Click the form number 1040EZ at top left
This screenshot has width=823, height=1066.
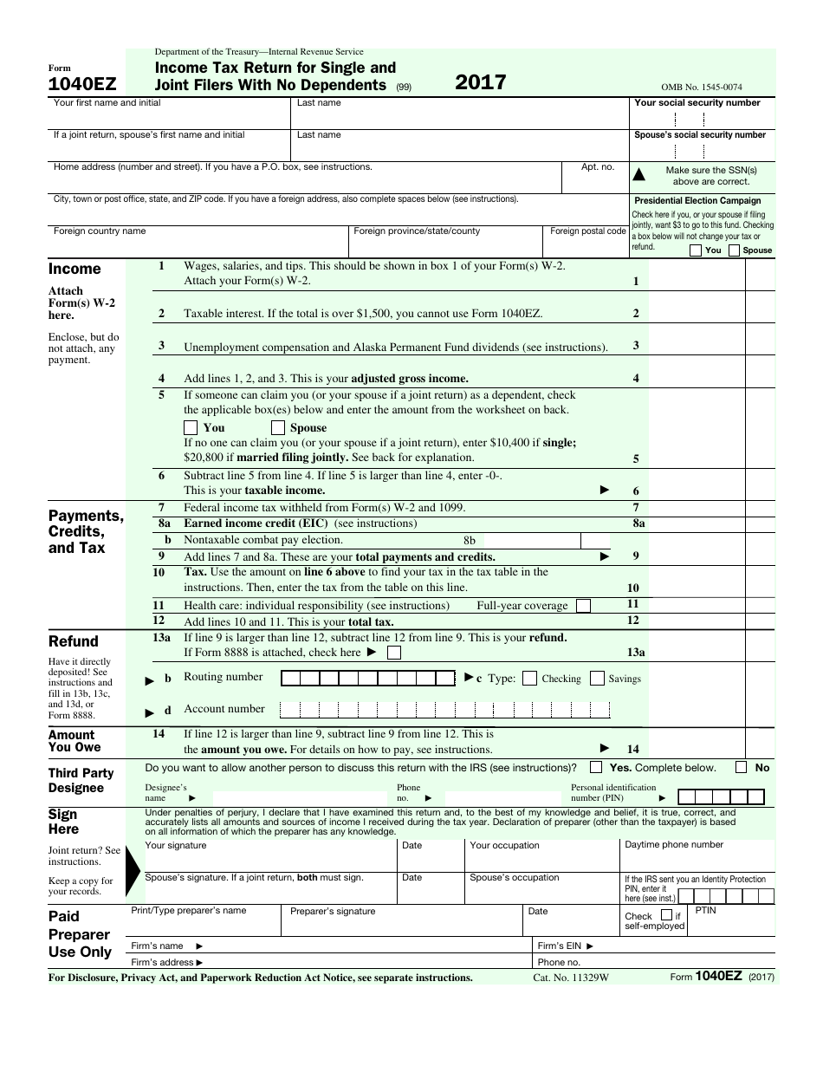(82, 85)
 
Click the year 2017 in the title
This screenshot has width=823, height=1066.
(481, 83)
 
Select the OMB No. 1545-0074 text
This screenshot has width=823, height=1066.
(701, 87)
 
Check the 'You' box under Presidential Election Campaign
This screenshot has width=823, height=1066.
(696, 250)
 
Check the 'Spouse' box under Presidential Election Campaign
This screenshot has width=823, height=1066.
(735, 250)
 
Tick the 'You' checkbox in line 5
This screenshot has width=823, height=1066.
(191, 427)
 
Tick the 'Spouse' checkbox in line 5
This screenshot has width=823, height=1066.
(278, 427)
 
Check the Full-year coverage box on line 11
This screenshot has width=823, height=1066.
(584, 605)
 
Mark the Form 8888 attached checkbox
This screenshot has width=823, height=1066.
(394, 653)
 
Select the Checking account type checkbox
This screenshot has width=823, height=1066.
(530, 679)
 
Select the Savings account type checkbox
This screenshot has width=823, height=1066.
(597, 679)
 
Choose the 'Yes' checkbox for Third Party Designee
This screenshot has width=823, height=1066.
(596, 767)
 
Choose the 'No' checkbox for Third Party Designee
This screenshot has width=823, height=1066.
(742, 767)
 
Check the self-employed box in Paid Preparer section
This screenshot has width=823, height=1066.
(666, 914)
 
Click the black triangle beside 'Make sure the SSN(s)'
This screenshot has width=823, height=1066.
(640, 175)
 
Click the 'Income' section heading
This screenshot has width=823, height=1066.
(75, 269)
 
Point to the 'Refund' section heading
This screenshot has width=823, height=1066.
(74, 641)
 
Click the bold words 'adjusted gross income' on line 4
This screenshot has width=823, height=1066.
(409, 379)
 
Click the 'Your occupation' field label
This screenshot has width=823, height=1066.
(504, 845)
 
